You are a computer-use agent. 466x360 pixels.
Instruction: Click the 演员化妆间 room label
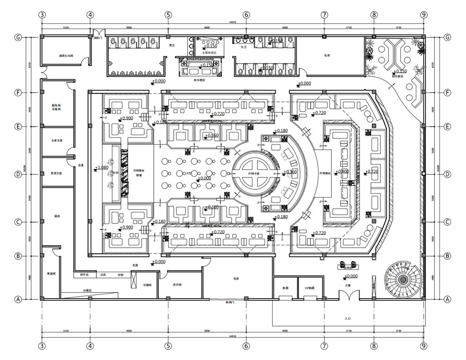click(66, 56)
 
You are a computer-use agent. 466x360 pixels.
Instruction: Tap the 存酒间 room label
click(147, 284)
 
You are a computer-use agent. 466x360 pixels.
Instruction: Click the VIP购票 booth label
click(310, 288)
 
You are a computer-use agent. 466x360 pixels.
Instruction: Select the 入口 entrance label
click(348, 319)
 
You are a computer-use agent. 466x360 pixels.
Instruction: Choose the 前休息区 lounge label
click(399, 76)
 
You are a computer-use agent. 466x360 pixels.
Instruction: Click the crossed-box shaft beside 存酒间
click(134, 279)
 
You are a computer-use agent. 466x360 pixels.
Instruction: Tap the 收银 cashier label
click(121, 275)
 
